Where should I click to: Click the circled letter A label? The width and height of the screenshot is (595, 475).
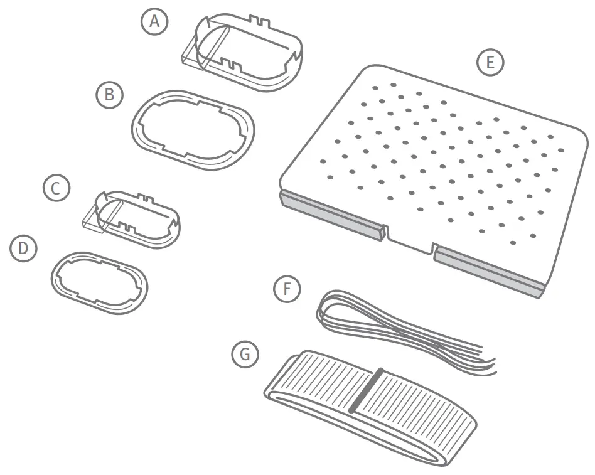(x=154, y=23)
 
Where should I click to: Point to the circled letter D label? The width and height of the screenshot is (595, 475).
(x=23, y=248)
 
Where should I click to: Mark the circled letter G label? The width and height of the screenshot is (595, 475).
(x=245, y=355)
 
